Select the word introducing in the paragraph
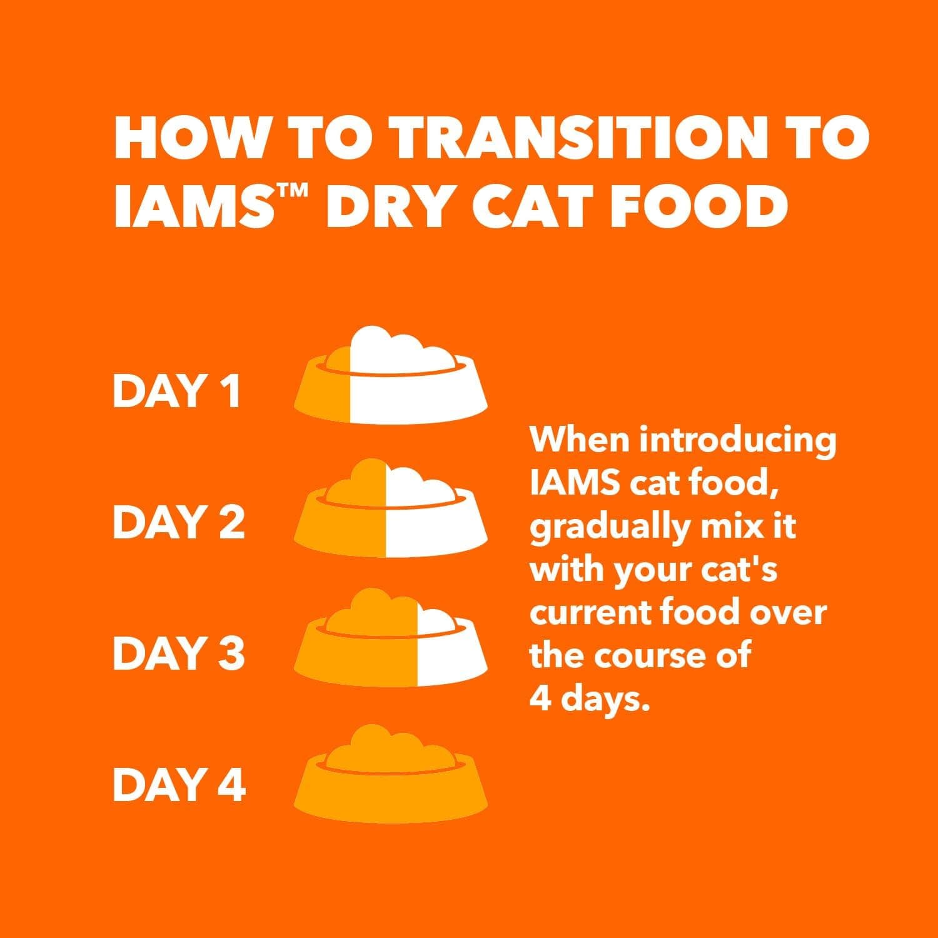point(737,441)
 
